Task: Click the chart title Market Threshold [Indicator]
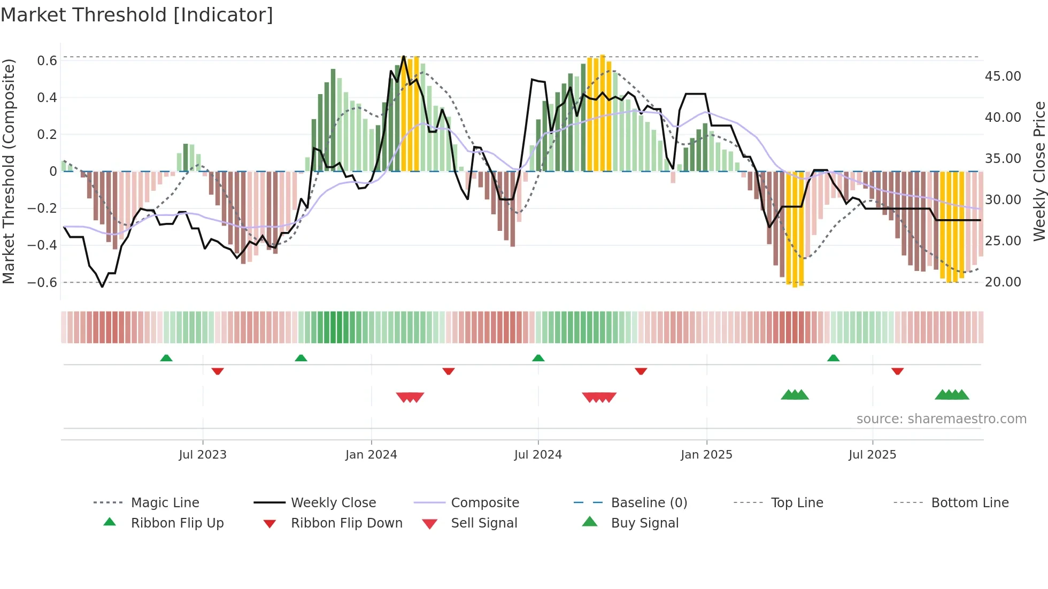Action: coord(137,15)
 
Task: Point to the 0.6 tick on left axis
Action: coord(47,61)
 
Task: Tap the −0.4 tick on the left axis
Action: coord(42,245)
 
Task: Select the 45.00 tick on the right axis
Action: coord(1003,76)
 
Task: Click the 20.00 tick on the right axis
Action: coord(1003,282)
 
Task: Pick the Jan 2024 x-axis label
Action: coord(371,455)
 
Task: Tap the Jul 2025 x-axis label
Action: coord(872,455)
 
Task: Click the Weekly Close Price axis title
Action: coord(1039,171)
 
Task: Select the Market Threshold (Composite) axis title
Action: coord(9,171)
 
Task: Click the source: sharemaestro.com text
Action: coord(941,419)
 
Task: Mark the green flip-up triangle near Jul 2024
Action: coord(538,358)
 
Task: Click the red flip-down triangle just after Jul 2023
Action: coord(218,371)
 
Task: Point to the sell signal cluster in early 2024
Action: coord(410,397)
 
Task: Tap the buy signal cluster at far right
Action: coord(952,395)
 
